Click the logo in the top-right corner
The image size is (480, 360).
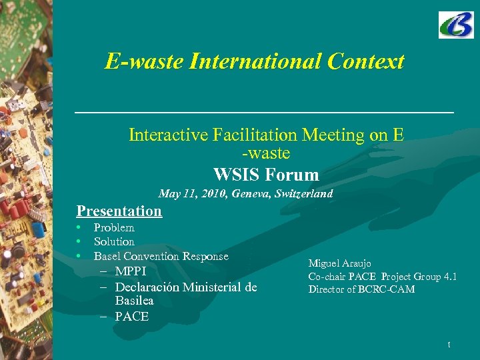pos(456,25)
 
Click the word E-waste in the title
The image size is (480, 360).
pos(144,62)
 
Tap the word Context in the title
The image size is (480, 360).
pos(366,62)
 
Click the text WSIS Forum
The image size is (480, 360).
pos(266,175)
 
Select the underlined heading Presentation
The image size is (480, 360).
pos(119,211)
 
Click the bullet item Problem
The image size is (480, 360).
pos(114,227)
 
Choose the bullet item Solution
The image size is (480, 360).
pos(114,241)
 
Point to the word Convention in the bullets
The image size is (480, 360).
pos(155,256)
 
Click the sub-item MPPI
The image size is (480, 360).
pos(130,271)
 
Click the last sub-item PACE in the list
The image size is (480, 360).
pos(131,317)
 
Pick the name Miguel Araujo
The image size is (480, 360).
pos(339,264)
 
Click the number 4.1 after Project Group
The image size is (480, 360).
pos(449,277)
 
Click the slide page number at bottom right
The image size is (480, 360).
pos(449,345)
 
